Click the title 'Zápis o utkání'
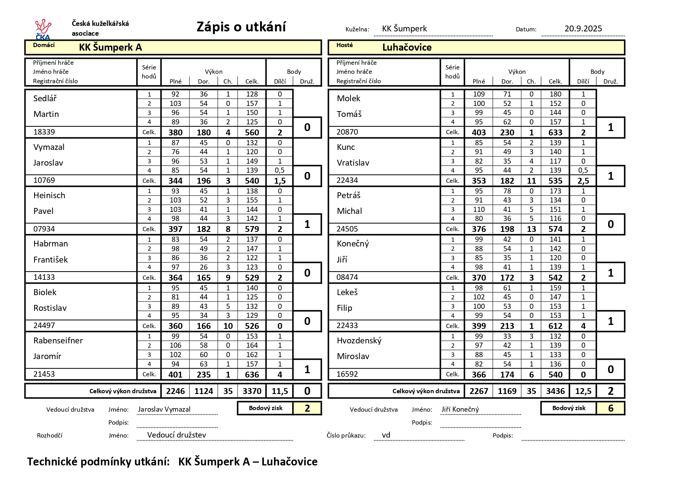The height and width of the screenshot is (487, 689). click(241, 27)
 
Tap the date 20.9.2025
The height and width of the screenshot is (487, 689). click(583, 29)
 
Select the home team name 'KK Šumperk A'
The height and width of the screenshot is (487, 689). click(110, 47)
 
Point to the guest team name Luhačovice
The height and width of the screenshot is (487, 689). click(407, 47)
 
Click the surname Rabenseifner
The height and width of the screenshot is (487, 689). click(58, 341)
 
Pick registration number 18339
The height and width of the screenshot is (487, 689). click(44, 132)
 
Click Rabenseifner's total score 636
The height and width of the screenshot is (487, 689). click(252, 375)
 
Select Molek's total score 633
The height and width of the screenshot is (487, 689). click(555, 133)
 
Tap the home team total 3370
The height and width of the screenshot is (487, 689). click(252, 391)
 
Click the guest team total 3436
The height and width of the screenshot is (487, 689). click(555, 391)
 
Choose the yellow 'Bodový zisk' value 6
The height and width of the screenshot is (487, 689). click(610, 409)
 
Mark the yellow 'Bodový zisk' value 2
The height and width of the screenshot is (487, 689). click(307, 409)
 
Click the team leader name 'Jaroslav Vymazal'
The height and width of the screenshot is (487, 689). click(164, 409)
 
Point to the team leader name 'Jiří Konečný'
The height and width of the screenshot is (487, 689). click(460, 410)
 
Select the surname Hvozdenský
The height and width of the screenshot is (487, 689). click(359, 341)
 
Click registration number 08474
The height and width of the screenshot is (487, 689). click(347, 277)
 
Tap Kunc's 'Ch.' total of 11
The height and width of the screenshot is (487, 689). click(531, 181)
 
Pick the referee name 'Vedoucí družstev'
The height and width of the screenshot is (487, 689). click(176, 435)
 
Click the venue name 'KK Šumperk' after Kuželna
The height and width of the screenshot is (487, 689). click(404, 29)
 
